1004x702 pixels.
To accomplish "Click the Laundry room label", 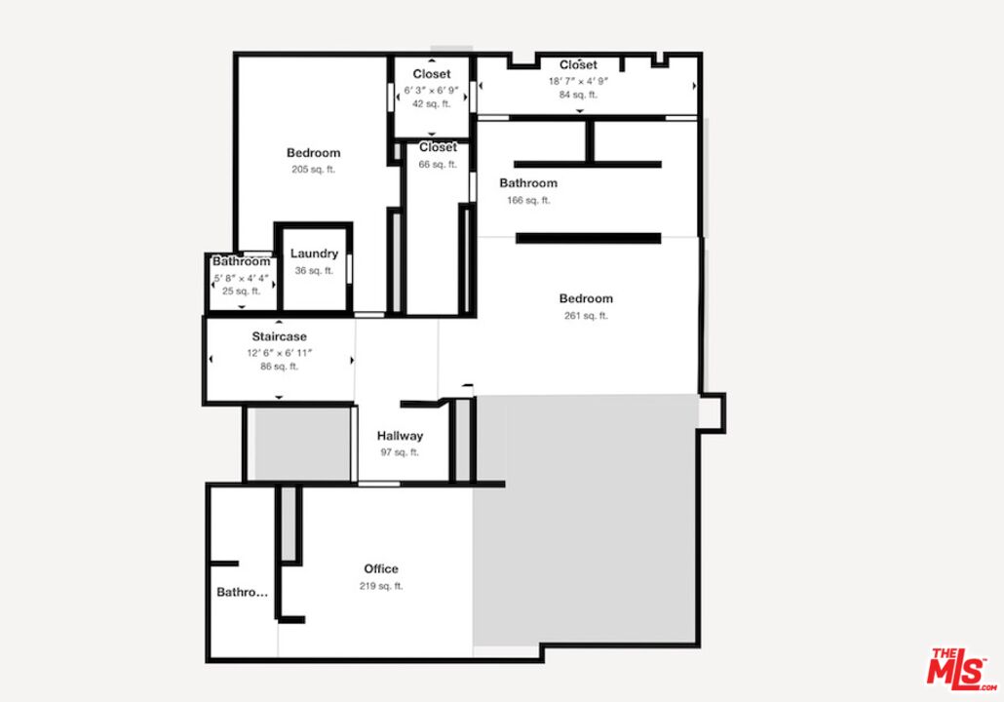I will click(x=314, y=253).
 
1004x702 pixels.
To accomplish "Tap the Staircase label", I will click(x=279, y=336).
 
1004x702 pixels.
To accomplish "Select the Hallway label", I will click(x=400, y=436).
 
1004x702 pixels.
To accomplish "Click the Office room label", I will click(x=381, y=568).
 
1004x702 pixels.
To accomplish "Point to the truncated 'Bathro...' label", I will click(x=242, y=592).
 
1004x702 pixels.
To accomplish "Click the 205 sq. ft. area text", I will click(x=313, y=169).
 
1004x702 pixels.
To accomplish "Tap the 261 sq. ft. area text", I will click(x=586, y=315).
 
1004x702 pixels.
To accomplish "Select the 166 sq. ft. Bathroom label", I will click(x=528, y=183).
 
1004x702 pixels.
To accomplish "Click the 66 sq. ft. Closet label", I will click(x=438, y=147).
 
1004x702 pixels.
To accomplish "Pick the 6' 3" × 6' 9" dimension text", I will click(x=431, y=90).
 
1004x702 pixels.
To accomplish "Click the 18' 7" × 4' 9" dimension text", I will click(x=578, y=82).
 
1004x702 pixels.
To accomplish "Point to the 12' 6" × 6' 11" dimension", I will click(x=279, y=352).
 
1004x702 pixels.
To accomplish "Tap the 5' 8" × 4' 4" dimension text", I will click(x=242, y=278).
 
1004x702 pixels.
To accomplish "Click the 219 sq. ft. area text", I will click(x=381, y=586).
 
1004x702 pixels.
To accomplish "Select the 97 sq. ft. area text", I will click(x=400, y=452).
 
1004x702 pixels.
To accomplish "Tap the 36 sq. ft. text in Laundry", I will click(x=314, y=270).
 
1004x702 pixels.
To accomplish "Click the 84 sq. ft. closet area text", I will click(x=578, y=95).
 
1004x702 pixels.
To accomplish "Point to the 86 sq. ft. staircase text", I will click(x=279, y=367).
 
